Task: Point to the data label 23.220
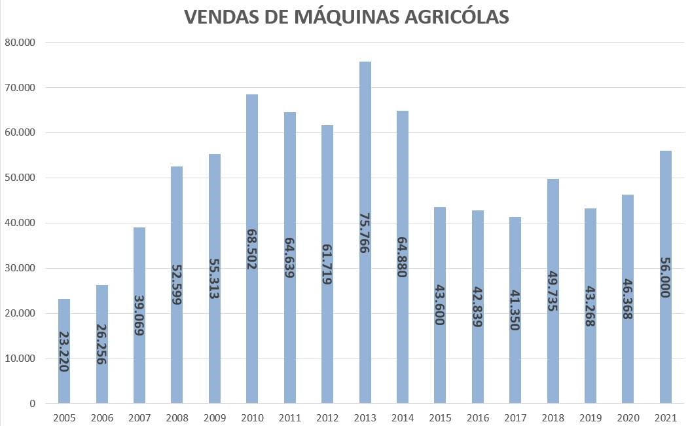(x=64, y=351)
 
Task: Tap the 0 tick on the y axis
(x=31, y=404)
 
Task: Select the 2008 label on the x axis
(x=177, y=417)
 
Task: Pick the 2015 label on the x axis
(x=440, y=417)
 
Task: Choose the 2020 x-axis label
(x=628, y=417)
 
